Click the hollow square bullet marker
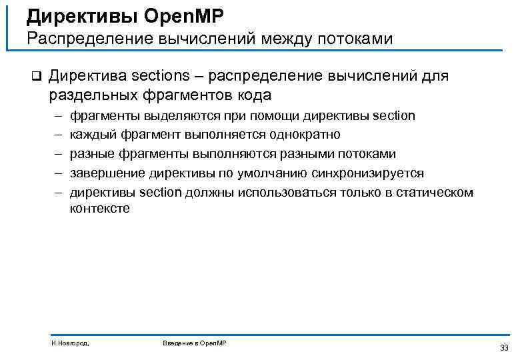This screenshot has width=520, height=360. point(36,75)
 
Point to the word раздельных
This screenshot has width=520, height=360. point(90,95)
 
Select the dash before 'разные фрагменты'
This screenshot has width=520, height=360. point(58,154)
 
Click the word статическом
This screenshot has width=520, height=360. point(433,193)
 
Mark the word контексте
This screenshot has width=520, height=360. point(100,208)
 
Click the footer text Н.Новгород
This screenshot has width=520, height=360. point(70,343)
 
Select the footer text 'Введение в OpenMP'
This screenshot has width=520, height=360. point(194,343)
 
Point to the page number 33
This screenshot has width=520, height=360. point(503,347)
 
